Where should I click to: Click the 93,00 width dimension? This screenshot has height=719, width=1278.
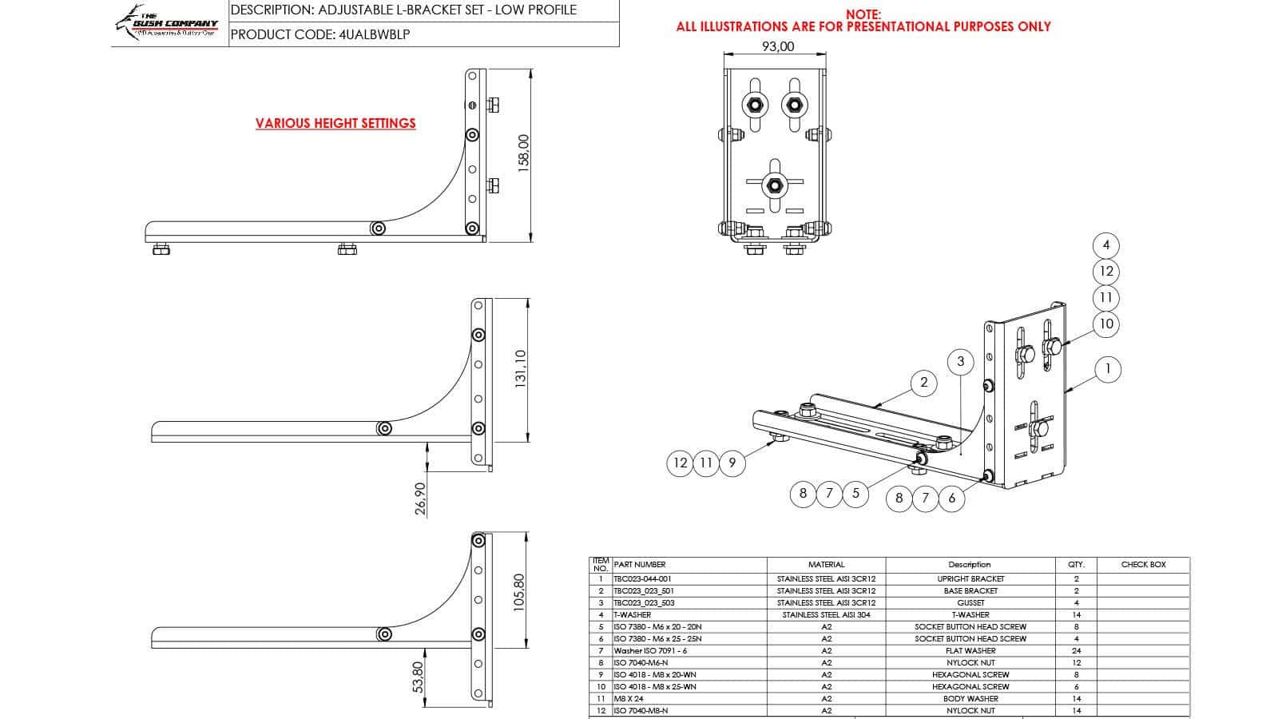tap(777, 46)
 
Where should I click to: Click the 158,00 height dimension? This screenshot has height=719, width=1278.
tap(524, 150)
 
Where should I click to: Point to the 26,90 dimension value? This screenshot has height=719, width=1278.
tap(421, 498)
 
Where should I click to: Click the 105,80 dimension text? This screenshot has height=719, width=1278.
tap(519, 593)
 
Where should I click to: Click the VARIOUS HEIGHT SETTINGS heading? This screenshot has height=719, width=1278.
tap(335, 123)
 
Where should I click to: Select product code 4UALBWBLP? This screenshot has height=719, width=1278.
tap(375, 34)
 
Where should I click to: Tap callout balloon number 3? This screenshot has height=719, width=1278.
tap(960, 361)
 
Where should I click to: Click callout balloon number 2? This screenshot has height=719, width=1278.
tap(923, 382)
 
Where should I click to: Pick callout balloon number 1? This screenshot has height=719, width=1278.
tap(1107, 369)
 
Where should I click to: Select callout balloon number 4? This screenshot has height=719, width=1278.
tap(1106, 245)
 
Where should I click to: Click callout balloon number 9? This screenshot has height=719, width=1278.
tap(732, 463)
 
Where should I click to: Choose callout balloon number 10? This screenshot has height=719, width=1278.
tap(1106, 324)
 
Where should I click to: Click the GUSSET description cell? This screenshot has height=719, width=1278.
tap(970, 602)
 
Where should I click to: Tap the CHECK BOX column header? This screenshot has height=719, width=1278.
tap(1143, 564)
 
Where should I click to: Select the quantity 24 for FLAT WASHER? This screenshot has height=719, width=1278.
tap(1076, 650)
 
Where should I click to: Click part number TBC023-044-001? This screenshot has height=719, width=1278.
tap(642, 578)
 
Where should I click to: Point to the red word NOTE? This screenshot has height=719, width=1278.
tap(863, 14)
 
